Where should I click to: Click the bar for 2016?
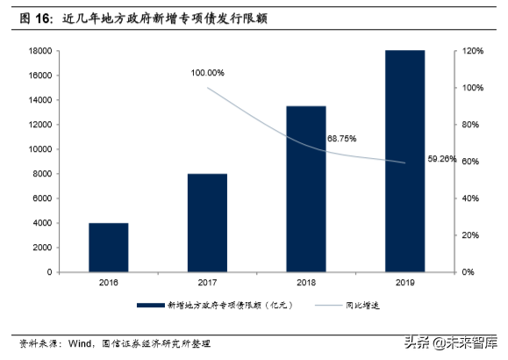coord(108,248)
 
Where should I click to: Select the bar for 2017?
coord(207,223)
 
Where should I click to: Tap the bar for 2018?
coord(305,189)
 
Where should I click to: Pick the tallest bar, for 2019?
coord(404,162)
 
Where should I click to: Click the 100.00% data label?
coord(207,72)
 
